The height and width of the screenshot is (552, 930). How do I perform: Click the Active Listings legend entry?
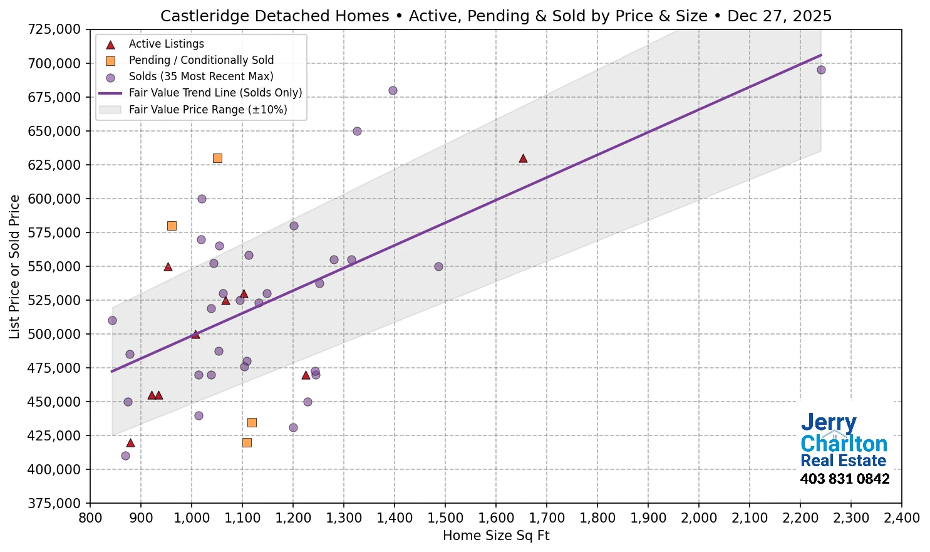166,44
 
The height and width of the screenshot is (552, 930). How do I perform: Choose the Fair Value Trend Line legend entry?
215,93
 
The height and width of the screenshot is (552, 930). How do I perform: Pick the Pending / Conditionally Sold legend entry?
201,60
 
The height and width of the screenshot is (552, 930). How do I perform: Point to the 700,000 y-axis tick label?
54,63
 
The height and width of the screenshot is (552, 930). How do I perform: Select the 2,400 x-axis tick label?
901,518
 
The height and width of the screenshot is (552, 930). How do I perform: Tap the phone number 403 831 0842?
844,479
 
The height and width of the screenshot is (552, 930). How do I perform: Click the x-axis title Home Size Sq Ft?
495,536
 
